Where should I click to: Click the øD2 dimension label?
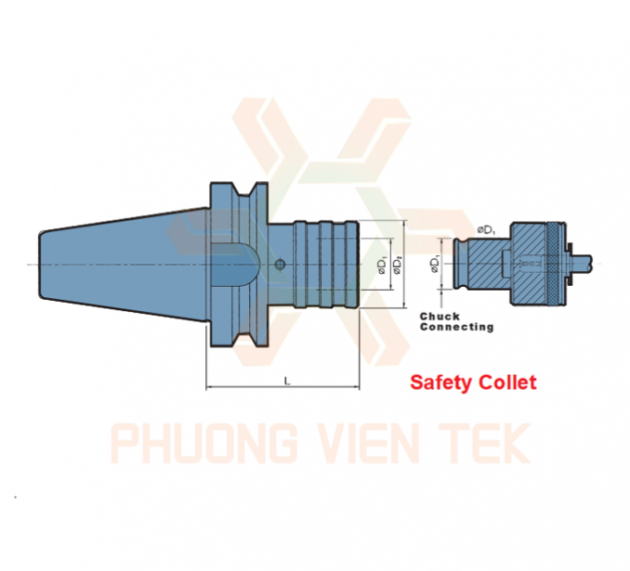[398, 266]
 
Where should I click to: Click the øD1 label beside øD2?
[382, 266]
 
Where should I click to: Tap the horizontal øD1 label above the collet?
[486, 230]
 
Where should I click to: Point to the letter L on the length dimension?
[287, 381]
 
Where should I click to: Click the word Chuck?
[440, 317]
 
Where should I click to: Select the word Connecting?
[456, 327]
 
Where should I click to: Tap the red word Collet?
[511, 382]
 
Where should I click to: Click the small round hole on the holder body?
[280, 264]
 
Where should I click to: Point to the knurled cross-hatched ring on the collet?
[557, 264]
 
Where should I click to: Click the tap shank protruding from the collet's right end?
[583, 263]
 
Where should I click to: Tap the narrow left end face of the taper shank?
[40, 265]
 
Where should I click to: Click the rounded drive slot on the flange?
[236, 264]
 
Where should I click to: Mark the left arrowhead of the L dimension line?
[209, 387]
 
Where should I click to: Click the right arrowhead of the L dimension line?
[356, 387]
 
